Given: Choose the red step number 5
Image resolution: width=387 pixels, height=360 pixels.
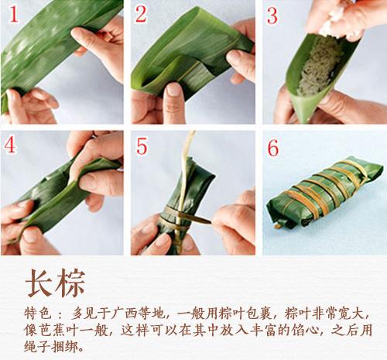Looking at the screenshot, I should pos(142,146).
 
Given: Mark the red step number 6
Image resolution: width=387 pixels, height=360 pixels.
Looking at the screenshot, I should pos(272,146).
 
